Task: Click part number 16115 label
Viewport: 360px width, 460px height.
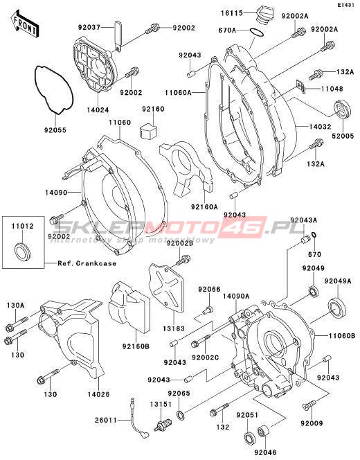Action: click(232, 12)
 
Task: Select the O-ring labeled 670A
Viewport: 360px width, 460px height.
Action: click(257, 33)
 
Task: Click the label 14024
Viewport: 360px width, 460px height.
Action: click(98, 110)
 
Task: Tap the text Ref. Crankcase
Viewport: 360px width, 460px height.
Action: click(87, 263)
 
